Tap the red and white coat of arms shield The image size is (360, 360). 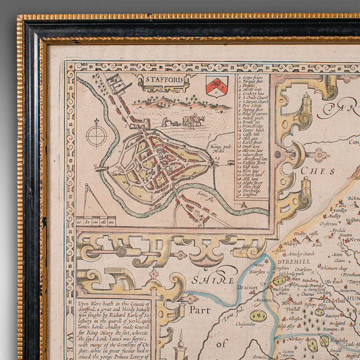pos(217,85)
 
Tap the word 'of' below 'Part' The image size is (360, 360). pos(222,344)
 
